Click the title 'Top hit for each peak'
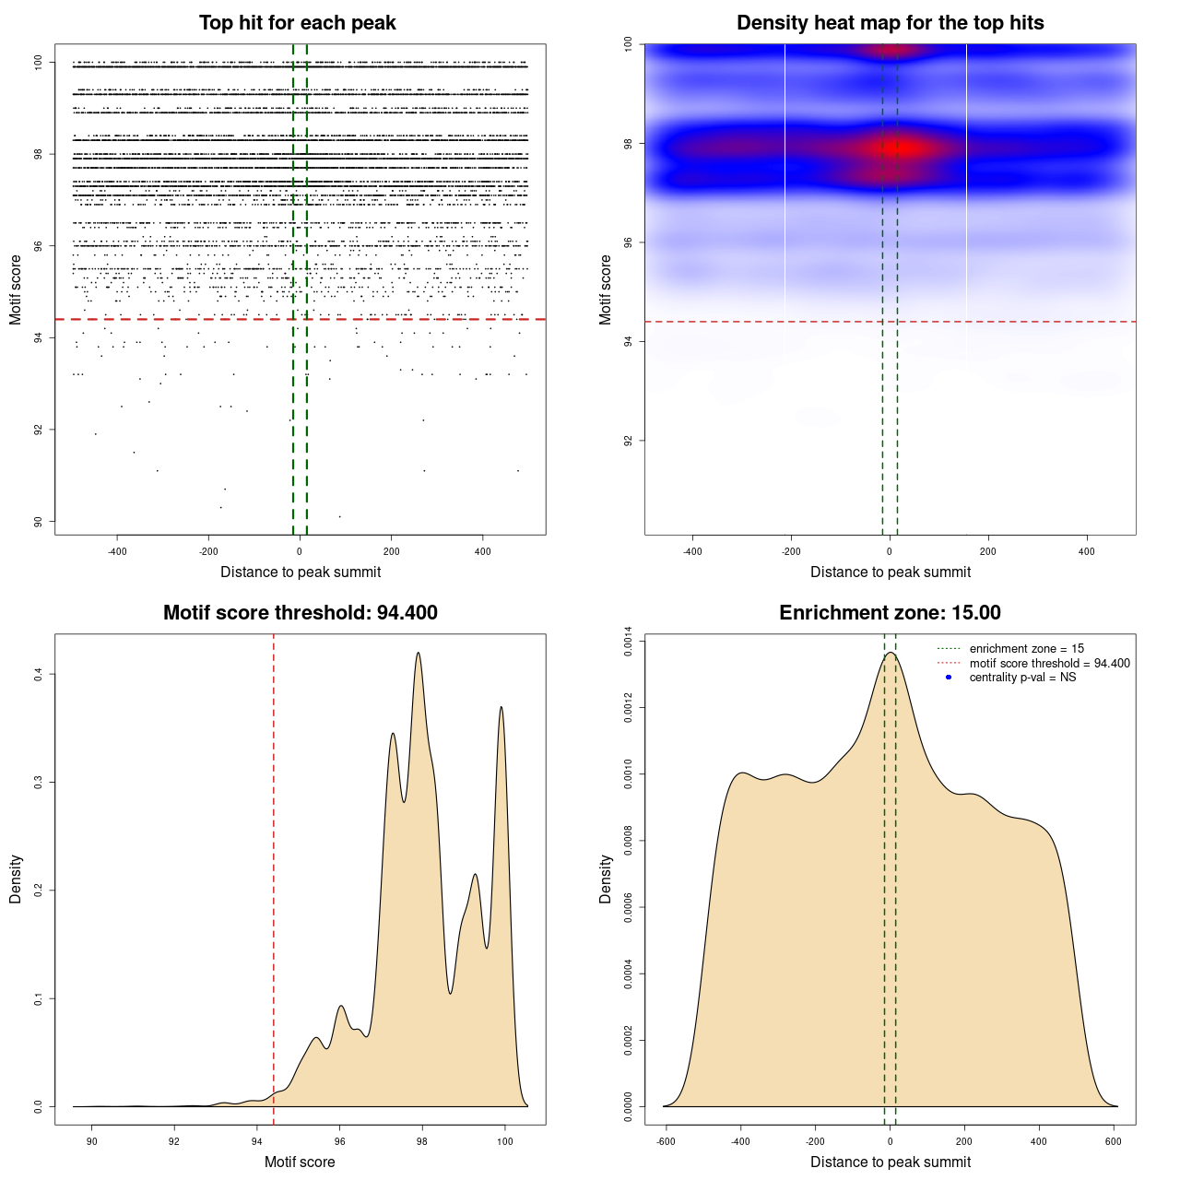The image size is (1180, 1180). (297, 23)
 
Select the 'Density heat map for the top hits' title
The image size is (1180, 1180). (890, 23)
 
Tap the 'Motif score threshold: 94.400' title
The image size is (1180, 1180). (300, 613)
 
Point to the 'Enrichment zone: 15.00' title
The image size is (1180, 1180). (890, 613)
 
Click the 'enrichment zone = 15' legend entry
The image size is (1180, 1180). (1026, 649)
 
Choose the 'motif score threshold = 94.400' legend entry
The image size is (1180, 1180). (1049, 664)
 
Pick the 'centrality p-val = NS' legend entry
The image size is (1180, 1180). (1022, 678)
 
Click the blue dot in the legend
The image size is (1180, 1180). (949, 678)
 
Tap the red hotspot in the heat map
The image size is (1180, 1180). (907, 147)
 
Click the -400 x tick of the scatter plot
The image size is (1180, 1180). (117, 552)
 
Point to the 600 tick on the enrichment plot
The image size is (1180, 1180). (1114, 1142)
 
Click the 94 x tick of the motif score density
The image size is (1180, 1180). (256, 1142)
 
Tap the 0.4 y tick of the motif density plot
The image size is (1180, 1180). (38, 675)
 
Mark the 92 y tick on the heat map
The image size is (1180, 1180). (628, 441)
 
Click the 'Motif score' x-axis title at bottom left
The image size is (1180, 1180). (300, 1162)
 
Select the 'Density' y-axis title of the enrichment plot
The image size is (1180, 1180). (606, 879)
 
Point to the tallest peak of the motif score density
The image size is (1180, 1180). (419, 654)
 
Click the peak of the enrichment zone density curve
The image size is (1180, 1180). (891, 654)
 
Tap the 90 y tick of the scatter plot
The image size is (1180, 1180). (38, 522)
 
